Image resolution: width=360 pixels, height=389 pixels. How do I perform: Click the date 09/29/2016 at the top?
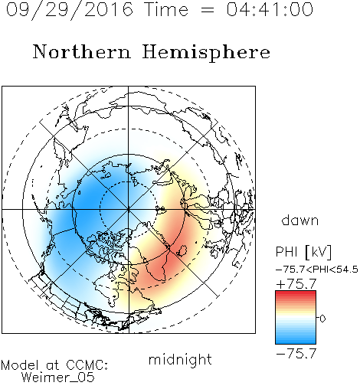[70, 10]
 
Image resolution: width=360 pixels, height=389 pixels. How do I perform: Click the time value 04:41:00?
[270, 9]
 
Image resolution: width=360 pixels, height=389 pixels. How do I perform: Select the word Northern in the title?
[82, 51]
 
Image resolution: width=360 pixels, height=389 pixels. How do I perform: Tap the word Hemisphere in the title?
[206, 53]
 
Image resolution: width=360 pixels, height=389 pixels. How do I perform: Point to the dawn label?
[300, 220]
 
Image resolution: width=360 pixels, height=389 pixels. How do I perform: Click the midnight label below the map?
[180, 359]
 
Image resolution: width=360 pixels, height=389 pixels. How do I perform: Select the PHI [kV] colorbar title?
[304, 252]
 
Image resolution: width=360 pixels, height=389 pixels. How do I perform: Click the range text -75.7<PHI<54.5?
[317, 270]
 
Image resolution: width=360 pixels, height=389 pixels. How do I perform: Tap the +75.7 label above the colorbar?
[296, 284]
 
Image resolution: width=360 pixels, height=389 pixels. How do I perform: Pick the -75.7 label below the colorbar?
[296, 354]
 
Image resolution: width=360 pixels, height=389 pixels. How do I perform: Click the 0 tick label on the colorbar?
[322, 319]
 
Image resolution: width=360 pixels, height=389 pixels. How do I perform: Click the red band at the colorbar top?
[296, 293]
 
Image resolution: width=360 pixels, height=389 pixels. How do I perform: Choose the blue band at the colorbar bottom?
[296, 342]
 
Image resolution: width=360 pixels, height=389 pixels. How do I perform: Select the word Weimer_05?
[58, 378]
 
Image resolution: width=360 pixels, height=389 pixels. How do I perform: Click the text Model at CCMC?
[54, 365]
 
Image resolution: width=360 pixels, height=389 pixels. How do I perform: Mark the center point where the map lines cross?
[129, 209]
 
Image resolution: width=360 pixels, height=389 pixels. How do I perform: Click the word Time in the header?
[166, 10]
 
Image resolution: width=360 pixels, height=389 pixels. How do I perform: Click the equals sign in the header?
[208, 10]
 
